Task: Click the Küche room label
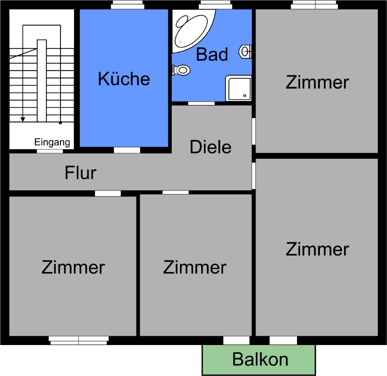(124, 79)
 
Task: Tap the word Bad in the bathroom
(212, 54)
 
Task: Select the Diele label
(210, 147)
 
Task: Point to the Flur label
(80, 173)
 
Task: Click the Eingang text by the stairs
(52, 142)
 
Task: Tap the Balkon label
(260, 359)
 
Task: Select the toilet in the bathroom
(181, 70)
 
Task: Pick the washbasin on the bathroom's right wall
(245, 52)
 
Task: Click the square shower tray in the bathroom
(238, 89)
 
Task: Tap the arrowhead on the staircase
(23, 120)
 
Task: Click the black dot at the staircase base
(60, 123)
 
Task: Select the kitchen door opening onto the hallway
(127, 150)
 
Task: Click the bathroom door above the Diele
(201, 104)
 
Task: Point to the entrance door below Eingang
(50, 151)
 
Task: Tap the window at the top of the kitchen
(127, 5)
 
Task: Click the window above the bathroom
(215, 5)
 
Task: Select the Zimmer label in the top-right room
(317, 82)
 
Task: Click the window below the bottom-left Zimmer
(79, 341)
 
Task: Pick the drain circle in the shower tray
(245, 95)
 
